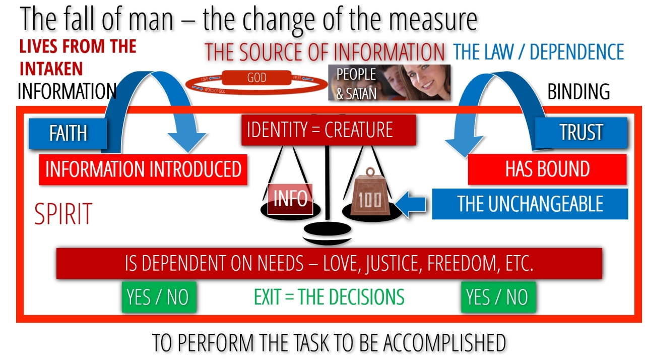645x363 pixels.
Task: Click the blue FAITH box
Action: (x=68, y=134)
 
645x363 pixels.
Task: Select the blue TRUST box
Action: (x=581, y=132)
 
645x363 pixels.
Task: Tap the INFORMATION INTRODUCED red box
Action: (x=143, y=169)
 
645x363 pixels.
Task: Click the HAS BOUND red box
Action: (x=547, y=169)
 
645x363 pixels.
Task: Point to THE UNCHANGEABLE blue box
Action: (x=530, y=204)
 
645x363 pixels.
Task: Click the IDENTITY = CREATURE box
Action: (x=329, y=130)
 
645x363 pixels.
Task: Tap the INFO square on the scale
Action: (x=290, y=199)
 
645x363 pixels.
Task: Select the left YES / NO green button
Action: (x=158, y=297)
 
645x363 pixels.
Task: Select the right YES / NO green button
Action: (x=498, y=297)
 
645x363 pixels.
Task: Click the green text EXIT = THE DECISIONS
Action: (x=329, y=297)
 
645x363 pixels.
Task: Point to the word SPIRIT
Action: (x=63, y=214)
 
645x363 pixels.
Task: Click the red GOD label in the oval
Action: (x=257, y=78)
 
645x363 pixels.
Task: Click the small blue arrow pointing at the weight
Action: (x=412, y=204)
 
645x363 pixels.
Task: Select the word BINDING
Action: (x=578, y=92)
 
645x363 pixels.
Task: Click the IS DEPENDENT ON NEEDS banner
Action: (x=329, y=263)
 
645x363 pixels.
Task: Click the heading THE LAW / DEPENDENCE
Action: (x=539, y=52)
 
